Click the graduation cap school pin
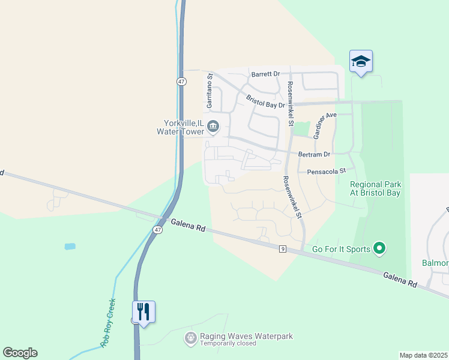pyautogui.click(x=361, y=62)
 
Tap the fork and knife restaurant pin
pyautogui.click(x=143, y=312)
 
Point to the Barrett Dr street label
pyautogui.click(x=266, y=74)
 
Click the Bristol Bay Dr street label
pyautogui.click(x=265, y=100)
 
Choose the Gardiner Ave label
pyautogui.click(x=324, y=124)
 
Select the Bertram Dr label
pyautogui.click(x=315, y=155)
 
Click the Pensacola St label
pyautogui.click(x=327, y=171)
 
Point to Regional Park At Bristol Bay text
pyautogui.click(x=375, y=189)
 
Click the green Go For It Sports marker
pyautogui.click(x=379, y=248)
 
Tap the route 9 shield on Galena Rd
pyautogui.click(x=282, y=249)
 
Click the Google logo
pyautogui.click(x=20, y=353)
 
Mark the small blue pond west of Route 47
pyautogui.click(x=70, y=246)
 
